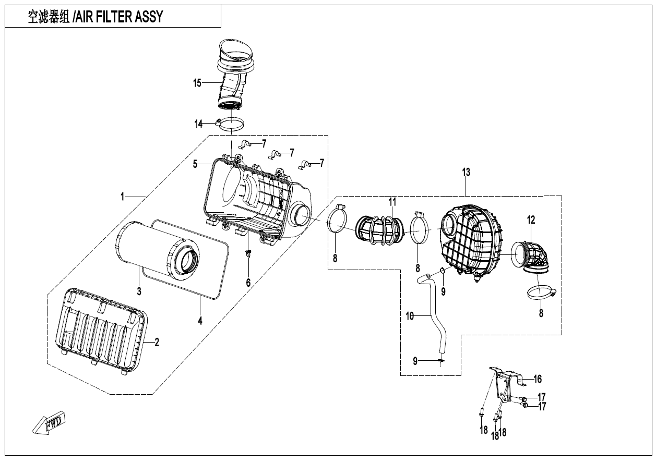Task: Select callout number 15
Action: pyautogui.click(x=197, y=83)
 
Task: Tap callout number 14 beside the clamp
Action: pyautogui.click(x=199, y=124)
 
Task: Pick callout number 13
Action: pyautogui.click(x=466, y=172)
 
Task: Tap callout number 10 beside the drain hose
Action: pyautogui.click(x=410, y=315)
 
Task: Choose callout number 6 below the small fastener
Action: pyautogui.click(x=248, y=282)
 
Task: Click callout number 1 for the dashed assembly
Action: pyautogui.click(x=123, y=197)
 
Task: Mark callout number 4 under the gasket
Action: pyautogui.click(x=200, y=321)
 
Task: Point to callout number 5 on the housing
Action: pyautogui.click(x=195, y=164)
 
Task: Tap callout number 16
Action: pyautogui.click(x=538, y=379)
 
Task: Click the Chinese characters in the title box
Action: pyautogui.click(x=50, y=17)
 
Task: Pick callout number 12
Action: pyautogui.click(x=531, y=221)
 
